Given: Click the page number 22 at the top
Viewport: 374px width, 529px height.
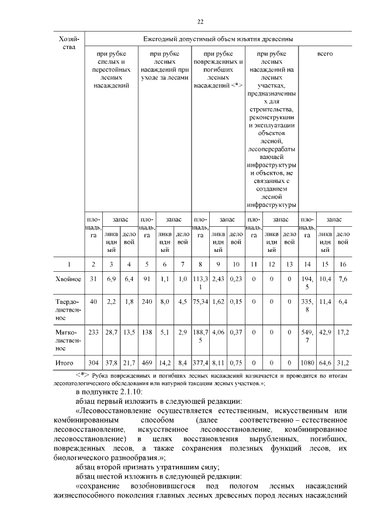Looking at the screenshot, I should [x=200, y=22].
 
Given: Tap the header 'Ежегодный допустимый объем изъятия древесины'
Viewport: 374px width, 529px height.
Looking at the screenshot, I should [x=218, y=39].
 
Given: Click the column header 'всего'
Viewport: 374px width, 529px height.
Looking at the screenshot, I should [x=325, y=53].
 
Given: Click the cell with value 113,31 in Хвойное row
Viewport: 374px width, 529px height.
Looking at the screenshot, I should [x=200, y=283].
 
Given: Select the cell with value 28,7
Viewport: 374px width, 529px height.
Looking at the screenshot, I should [x=111, y=331].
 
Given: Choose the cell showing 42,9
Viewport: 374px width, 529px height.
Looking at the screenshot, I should [x=325, y=331].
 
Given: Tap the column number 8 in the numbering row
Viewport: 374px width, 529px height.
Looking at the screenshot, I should [x=200, y=264].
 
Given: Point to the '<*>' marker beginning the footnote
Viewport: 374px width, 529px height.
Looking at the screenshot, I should [x=82, y=374].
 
